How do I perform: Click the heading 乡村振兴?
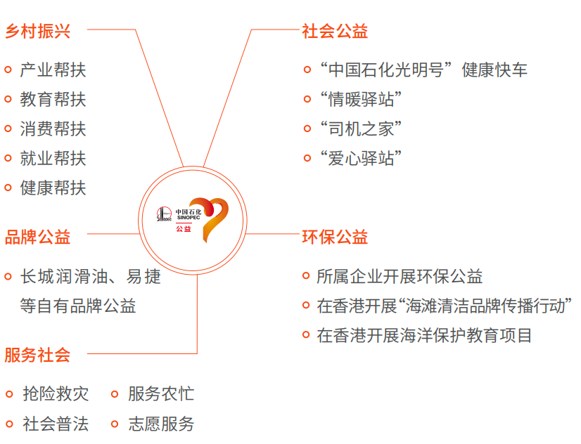pyautogui.click(x=38, y=32)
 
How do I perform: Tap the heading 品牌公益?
pyautogui.click(x=38, y=237)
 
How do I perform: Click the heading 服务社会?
pyautogui.click(x=38, y=355)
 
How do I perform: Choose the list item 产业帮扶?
pyautogui.click(x=53, y=70)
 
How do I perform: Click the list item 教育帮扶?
pyautogui.click(x=53, y=99)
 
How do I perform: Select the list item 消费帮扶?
pyautogui.click(x=53, y=129)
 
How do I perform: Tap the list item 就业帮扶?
pyautogui.click(x=53, y=158)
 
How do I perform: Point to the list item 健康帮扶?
pyautogui.click(x=53, y=188)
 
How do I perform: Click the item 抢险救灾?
pyautogui.click(x=56, y=393)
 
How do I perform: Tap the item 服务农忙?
pyautogui.click(x=161, y=393)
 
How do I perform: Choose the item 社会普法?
pyautogui.click(x=56, y=424)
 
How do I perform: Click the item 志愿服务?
pyautogui.click(x=161, y=424)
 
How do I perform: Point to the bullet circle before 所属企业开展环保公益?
pyautogui.click(x=306, y=277)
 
